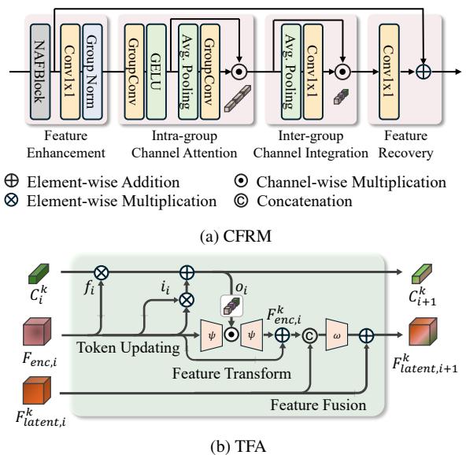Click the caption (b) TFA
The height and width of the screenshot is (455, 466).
click(x=233, y=446)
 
